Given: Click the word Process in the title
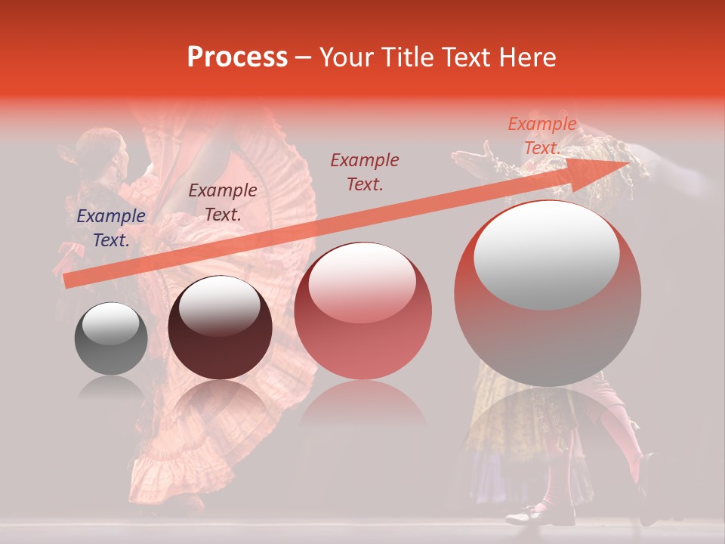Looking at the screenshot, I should pyautogui.click(x=237, y=57).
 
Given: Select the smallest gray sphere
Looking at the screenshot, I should pyautogui.click(x=111, y=338).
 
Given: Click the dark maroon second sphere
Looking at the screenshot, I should pyautogui.click(x=220, y=328).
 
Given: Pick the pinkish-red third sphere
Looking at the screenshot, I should pyautogui.click(x=362, y=311).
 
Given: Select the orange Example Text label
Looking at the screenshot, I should pyautogui.click(x=541, y=136).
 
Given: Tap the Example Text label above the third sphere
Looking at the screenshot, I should pyautogui.click(x=364, y=172).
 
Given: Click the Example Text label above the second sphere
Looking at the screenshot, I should pyautogui.click(x=222, y=202).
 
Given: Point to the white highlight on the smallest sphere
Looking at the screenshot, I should pyautogui.click(x=110, y=326).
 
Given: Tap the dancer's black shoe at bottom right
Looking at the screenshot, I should pyautogui.click(x=529, y=517).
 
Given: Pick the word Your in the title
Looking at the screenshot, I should pyautogui.click(x=343, y=57).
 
